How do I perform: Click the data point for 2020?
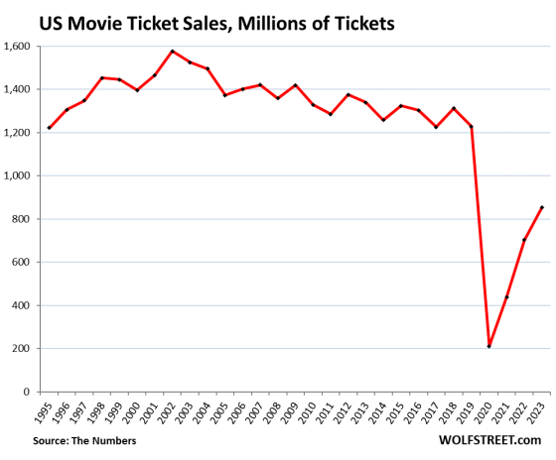pos(489,346)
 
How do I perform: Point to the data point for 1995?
pos(50,128)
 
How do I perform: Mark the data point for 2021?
pos(505,296)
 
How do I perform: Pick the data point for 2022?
pos(522,240)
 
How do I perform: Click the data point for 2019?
pos(473,126)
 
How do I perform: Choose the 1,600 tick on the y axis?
pos(17,46)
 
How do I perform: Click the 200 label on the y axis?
pos(22,349)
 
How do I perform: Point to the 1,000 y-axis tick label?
pos(17,175)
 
